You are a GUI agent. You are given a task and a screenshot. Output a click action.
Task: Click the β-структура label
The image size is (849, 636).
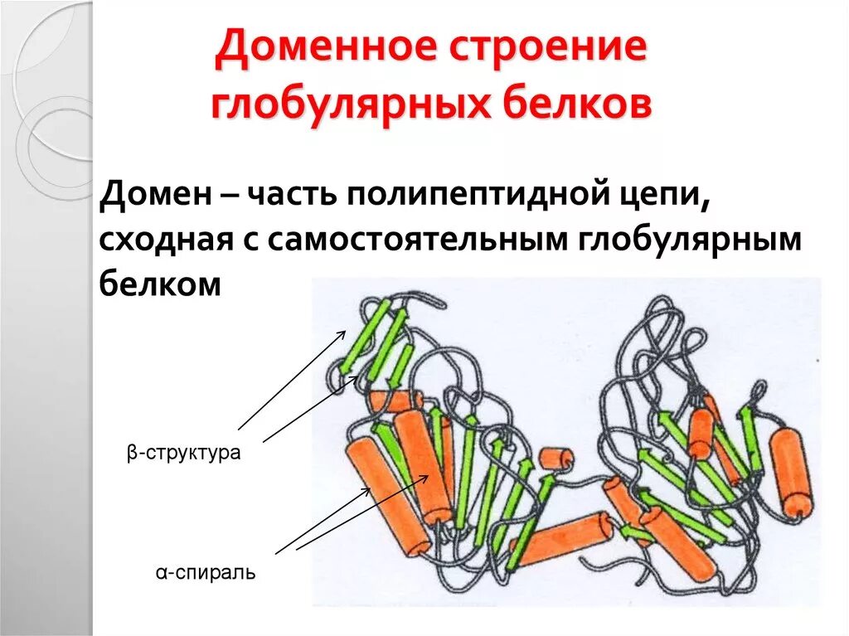pyautogui.click(x=183, y=454)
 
